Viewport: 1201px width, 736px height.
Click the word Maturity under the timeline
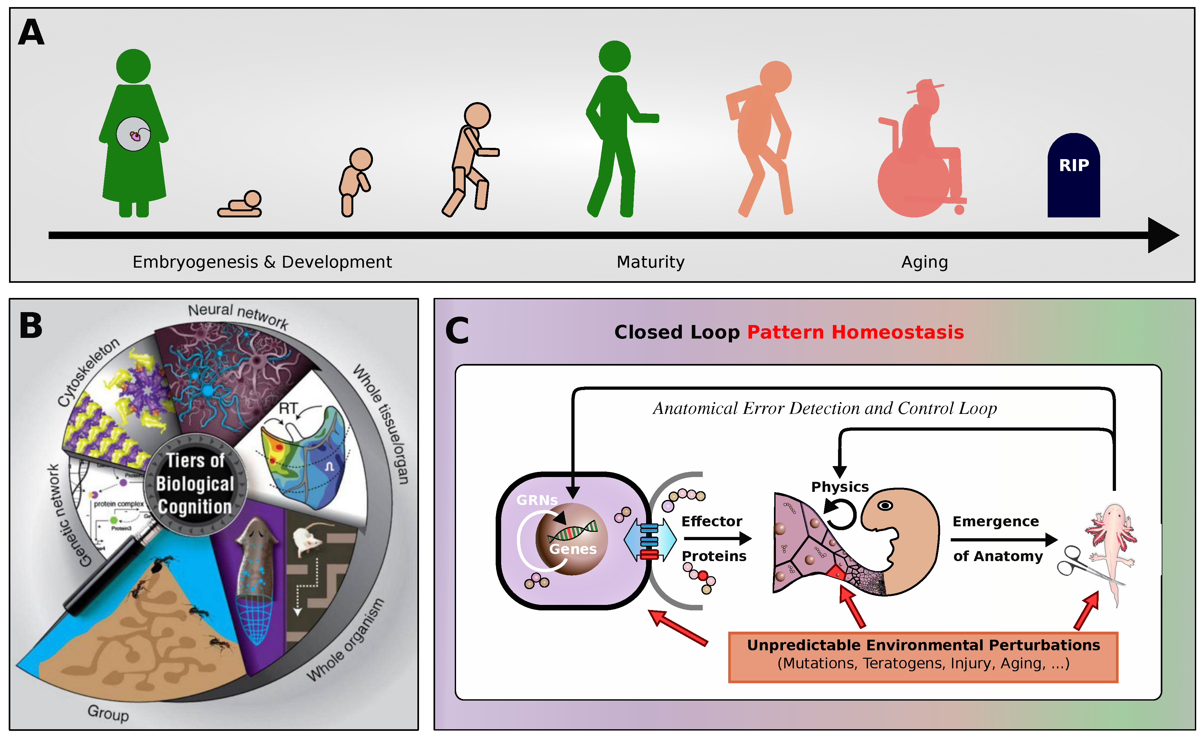[650, 262]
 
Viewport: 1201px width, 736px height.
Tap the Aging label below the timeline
[924, 262]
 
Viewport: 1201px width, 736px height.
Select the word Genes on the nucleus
[573, 549]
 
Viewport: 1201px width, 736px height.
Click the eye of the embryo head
[885, 505]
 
